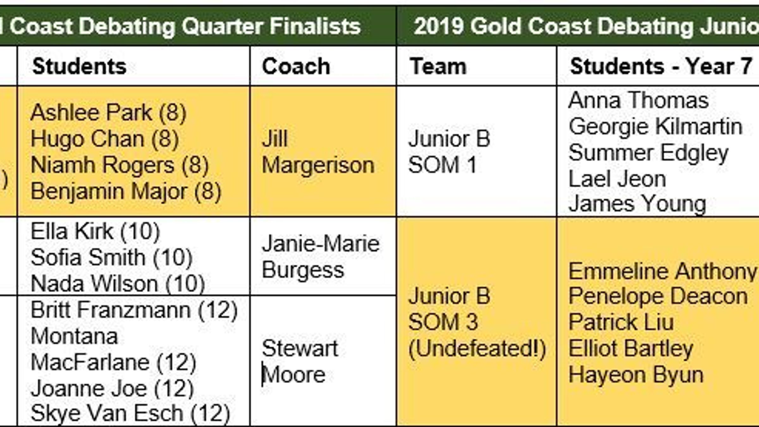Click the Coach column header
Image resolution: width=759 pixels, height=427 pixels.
point(296,66)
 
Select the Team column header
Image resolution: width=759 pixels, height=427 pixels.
point(438,66)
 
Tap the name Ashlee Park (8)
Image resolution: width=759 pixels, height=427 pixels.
point(108,113)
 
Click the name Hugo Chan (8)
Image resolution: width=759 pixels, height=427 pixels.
point(105,139)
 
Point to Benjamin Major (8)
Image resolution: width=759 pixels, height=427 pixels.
point(126,192)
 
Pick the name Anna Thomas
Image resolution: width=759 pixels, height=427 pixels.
point(639,100)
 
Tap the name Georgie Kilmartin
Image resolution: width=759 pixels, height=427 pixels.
point(656,127)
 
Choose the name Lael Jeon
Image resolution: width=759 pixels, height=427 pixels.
point(617,179)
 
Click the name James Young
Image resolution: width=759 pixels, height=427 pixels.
point(637,204)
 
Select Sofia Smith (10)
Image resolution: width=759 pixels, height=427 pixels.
point(112,257)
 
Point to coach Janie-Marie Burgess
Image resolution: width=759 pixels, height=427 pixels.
point(321,257)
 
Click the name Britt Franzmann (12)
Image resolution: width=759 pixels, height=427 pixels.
point(134,310)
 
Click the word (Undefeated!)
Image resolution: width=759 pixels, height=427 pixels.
point(477,349)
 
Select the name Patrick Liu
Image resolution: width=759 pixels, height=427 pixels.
point(621,322)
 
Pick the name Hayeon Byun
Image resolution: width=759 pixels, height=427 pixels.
point(636,375)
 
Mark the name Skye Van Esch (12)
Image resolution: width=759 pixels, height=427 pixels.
point(130,413)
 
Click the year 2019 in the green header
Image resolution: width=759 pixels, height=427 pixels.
point(439,26)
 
